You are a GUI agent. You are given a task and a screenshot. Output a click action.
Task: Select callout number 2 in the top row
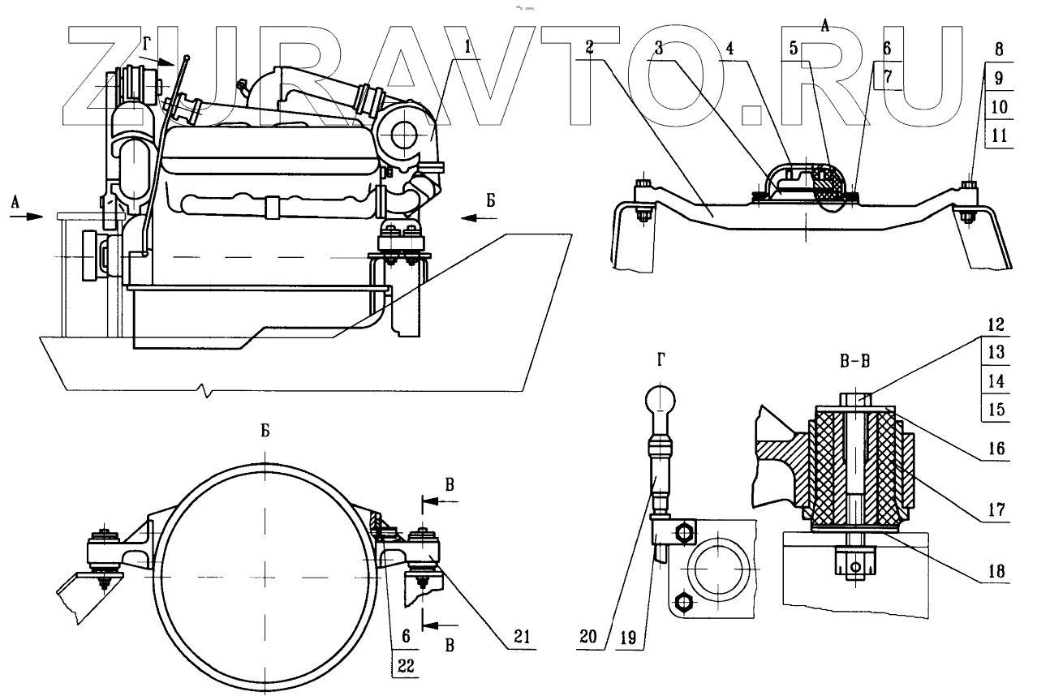590,47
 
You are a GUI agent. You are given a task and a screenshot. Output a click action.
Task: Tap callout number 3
660,48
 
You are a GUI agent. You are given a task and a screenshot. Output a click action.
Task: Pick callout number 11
998,135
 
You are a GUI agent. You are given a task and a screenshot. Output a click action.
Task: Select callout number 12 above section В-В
998,325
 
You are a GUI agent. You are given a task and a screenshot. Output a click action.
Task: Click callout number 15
998,409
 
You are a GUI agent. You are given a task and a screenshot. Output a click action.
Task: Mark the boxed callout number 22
407,666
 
